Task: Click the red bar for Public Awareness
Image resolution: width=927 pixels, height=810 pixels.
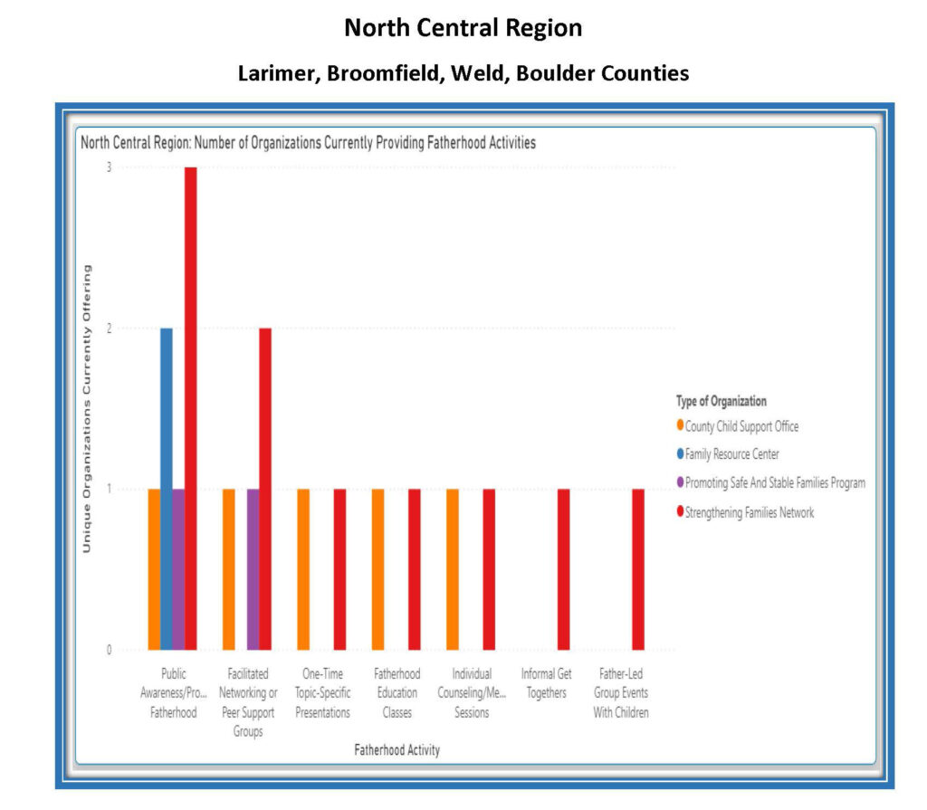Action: tap(190, 407)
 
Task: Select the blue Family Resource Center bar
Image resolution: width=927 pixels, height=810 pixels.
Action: tap(167, 489)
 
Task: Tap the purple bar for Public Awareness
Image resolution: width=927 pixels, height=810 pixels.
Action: tap(178, 569)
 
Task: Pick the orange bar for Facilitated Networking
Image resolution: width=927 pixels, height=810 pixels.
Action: tap(229, 569)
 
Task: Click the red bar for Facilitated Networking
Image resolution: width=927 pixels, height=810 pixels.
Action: tap(265, 489)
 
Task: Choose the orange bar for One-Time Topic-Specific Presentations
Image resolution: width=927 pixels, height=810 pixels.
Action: tap(303, 569)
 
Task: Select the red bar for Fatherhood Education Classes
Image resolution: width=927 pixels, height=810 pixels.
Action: tap(415, 569)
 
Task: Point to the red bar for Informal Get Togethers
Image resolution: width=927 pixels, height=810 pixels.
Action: tap(563, 569)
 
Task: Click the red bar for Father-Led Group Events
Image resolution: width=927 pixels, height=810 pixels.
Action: tap(637, 569)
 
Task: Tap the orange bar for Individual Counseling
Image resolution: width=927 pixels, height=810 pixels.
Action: tap(452, 569)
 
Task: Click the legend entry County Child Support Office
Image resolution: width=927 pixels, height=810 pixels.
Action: tap(741, 426)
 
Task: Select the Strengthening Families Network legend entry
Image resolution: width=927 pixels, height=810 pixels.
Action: tap(749, 512)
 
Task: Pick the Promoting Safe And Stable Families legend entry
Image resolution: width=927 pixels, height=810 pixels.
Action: tap(774, 482)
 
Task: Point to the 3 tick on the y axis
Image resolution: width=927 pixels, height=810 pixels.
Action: tap(109, 167)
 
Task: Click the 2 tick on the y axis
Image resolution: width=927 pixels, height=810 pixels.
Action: tap(109, 329)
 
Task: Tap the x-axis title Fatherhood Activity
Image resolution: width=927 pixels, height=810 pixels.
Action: tap(397, 750)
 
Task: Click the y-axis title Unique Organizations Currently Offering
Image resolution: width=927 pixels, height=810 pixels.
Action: tap(88, 407)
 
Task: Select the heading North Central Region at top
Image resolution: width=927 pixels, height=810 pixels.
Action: tap(463, 28)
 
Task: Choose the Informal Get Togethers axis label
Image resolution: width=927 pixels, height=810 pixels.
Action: tap(546, 683)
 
